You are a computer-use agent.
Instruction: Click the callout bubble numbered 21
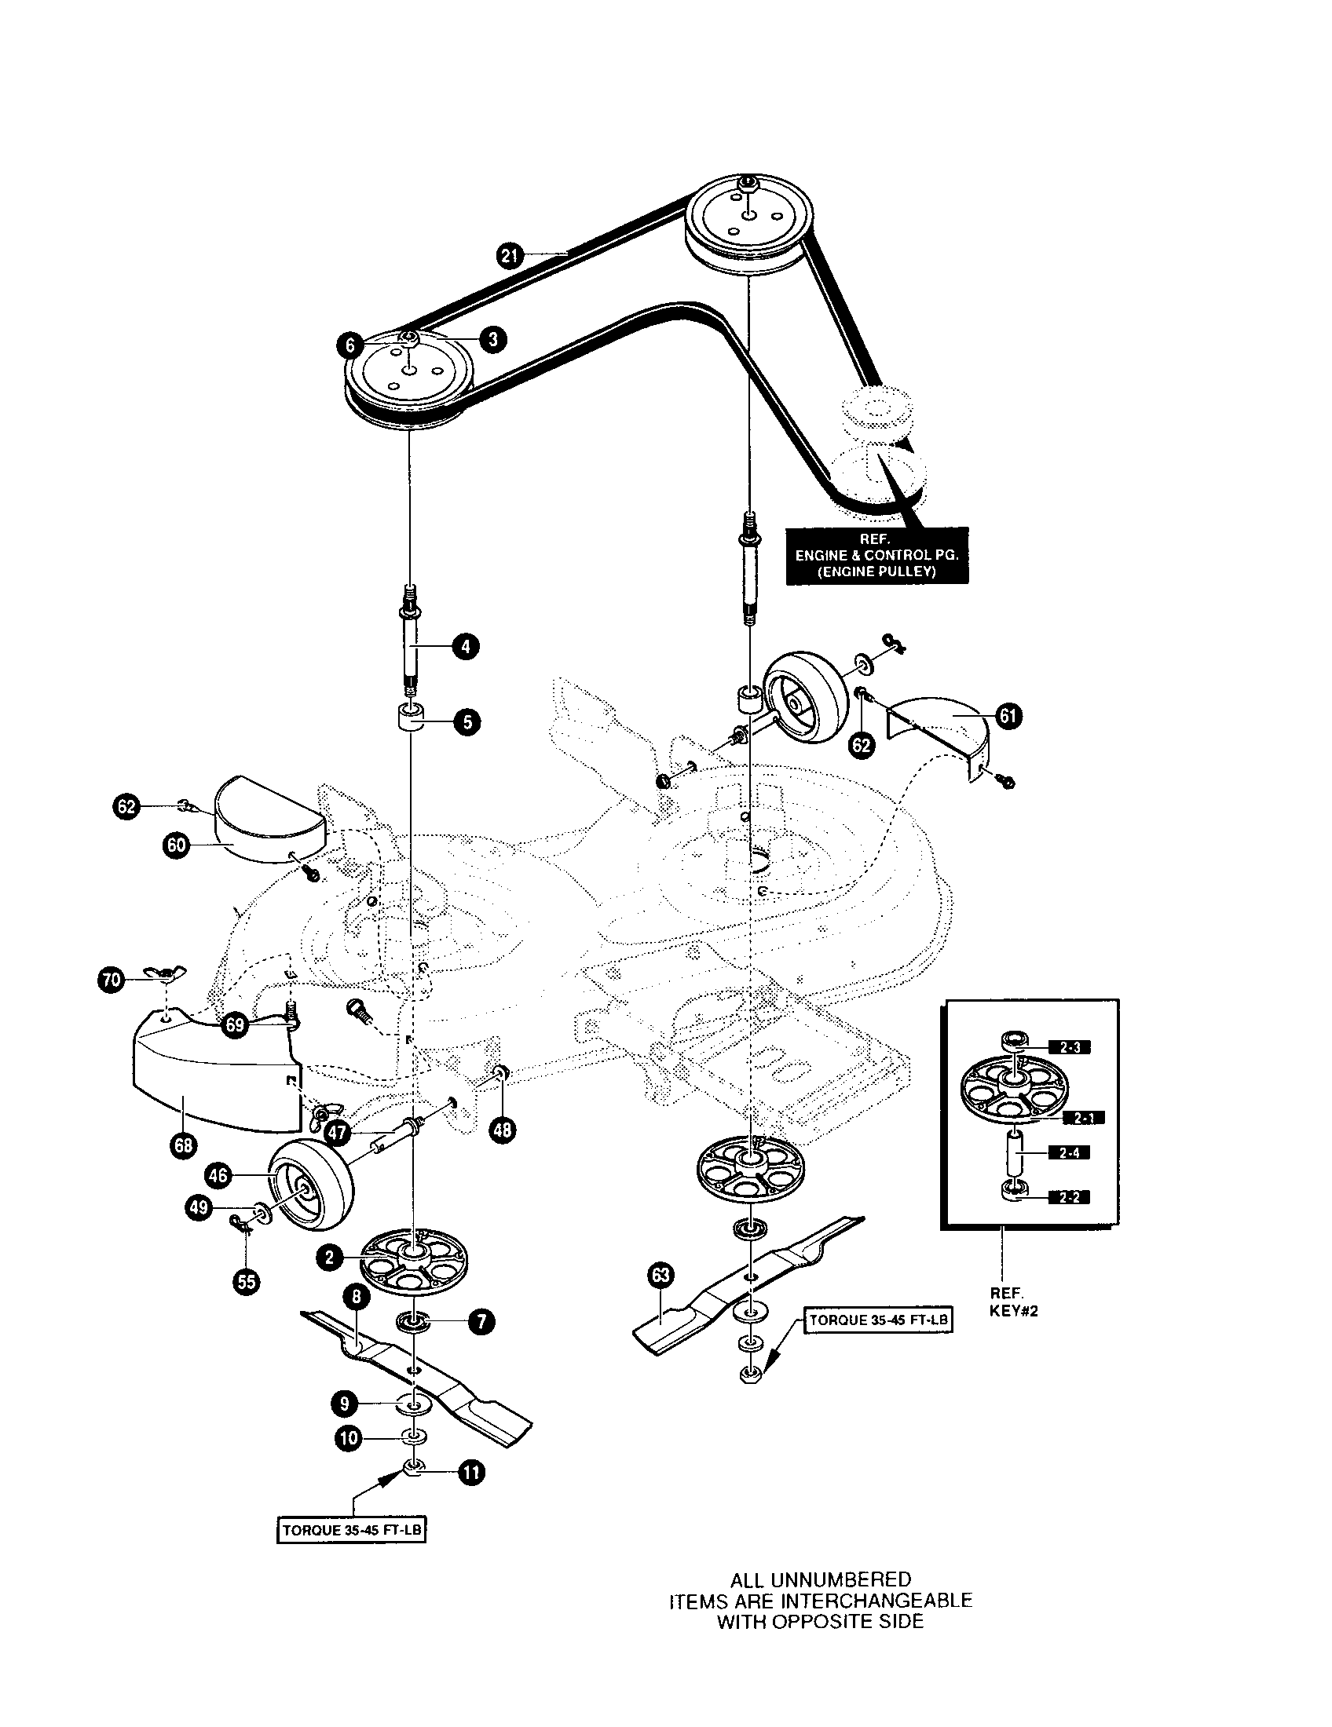click(x=510, y=254)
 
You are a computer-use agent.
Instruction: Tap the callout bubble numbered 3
click(x=493, y=339)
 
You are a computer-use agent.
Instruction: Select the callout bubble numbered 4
click(x=466, y=646)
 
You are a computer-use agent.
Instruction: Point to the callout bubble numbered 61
click(x=1008, y=717)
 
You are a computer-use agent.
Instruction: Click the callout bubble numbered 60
click(x=176, y=845)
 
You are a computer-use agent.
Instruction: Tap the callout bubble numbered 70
click(x=111, y=980)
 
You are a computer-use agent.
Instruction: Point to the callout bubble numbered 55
click(x=247, y=1280)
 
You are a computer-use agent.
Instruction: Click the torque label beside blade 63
click(x=878, y=1320)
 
